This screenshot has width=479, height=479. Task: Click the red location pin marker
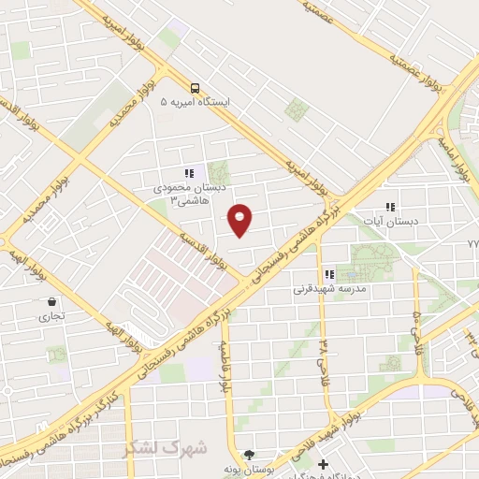click(240, 219)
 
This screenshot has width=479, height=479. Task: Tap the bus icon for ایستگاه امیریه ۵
click(196, 84)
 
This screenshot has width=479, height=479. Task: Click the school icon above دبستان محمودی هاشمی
click(189, 172)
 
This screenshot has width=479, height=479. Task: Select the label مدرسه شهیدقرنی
click(330, 290)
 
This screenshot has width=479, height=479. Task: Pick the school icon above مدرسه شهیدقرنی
click(328, 274)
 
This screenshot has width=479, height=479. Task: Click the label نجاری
click(51, 317)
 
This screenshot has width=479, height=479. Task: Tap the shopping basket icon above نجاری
click(51, 302)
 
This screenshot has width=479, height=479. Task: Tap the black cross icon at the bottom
click(323, 464)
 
